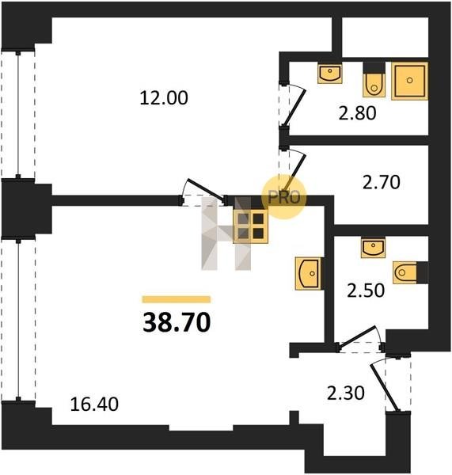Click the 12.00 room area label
[x=164, y=98]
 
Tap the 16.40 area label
[x=94, y=405]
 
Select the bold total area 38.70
[x=177, y=322]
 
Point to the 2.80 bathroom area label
[x=357, y=113]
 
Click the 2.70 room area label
[x=382, y=182]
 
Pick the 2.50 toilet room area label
[x=366, y=291]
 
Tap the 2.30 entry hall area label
[x=346, y=393]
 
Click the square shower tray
[x=409, y=81]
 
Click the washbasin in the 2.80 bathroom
[x=330, y=73]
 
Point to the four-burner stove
[x=250, y=226]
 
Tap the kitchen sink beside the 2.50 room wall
[x=309, y=274]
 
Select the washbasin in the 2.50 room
[x=373, y=248]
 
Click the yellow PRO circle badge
[x=284, y=197]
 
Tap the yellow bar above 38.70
[x=177, y=299]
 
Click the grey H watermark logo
[x=226, y=234]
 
